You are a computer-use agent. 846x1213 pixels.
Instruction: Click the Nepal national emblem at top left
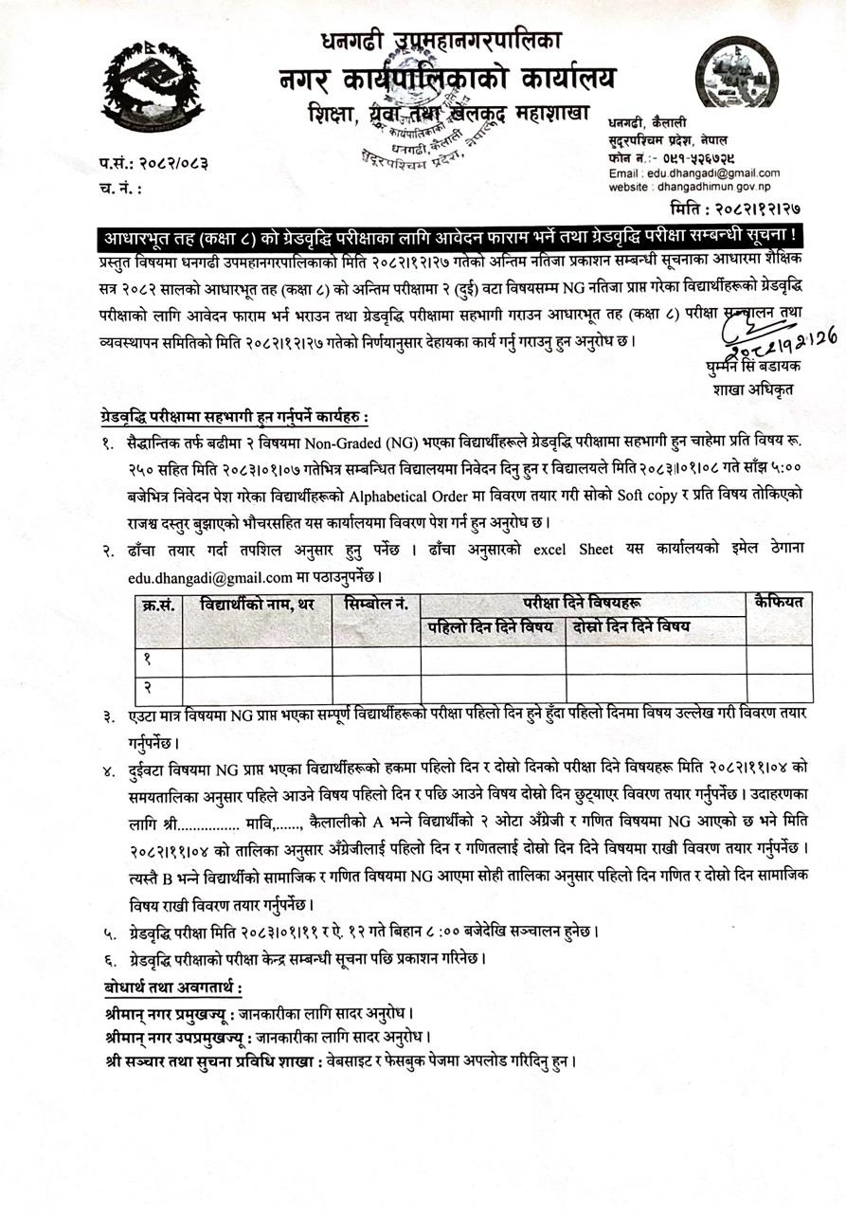tap(153, 86)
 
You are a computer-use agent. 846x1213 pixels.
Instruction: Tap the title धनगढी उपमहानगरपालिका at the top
tap(441, 41)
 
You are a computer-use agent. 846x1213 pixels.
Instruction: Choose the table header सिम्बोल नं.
tap(376, 604)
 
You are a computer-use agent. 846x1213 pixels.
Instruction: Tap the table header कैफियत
tap(779, 601)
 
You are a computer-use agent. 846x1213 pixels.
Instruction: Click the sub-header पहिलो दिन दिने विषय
tap(493, 626)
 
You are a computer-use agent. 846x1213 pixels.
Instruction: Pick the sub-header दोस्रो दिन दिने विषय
tap(631, 626)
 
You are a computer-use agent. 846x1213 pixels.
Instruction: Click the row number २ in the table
tap(148, 686)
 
